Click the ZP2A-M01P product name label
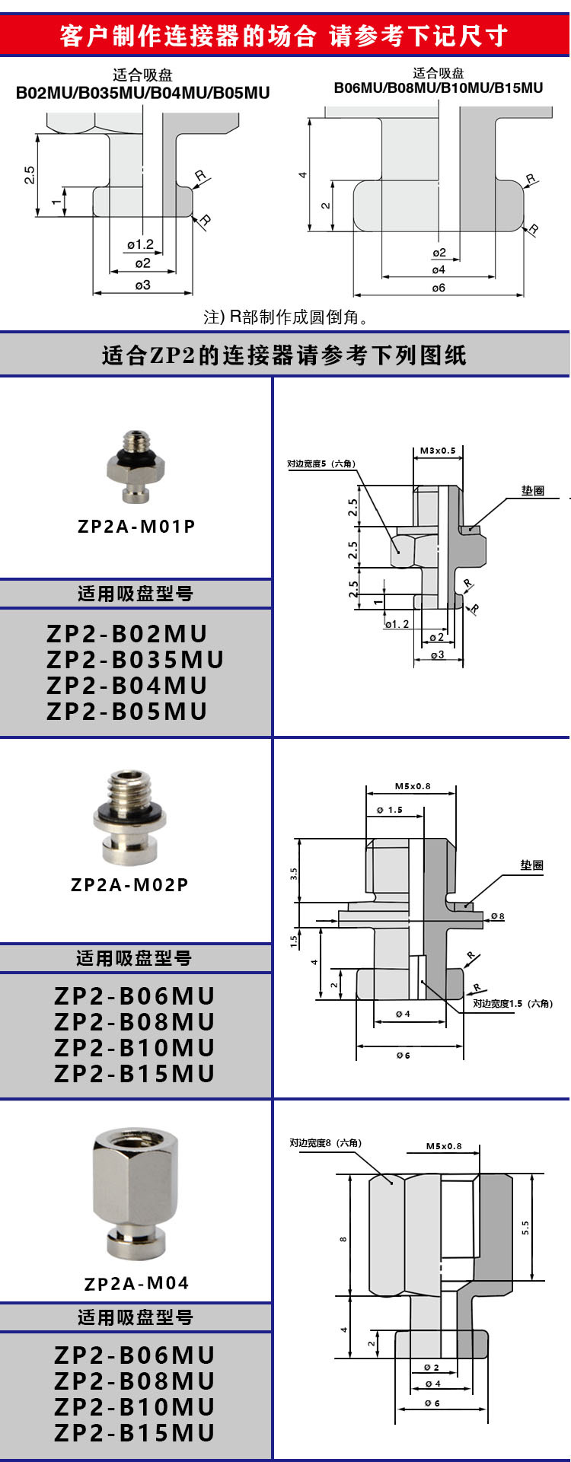[136, 526]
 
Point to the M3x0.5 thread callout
[438, 451]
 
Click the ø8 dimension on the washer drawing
[497, 916]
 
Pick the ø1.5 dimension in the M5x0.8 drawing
[390, 810]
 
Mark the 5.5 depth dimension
[525, 1227]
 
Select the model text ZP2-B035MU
[136, 660]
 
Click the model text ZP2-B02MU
[127, 634]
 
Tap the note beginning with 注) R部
[286, 317]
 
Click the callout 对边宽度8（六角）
[325, 1142]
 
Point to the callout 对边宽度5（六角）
[321, 463]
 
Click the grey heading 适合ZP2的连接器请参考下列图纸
[285, 355]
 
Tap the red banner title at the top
[285, 35]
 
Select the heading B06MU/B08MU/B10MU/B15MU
[439, 88]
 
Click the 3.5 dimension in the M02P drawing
[294, 874]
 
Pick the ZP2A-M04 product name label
[136, 1284]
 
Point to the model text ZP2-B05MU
[127, 712]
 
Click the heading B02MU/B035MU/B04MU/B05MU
[143, 93]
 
